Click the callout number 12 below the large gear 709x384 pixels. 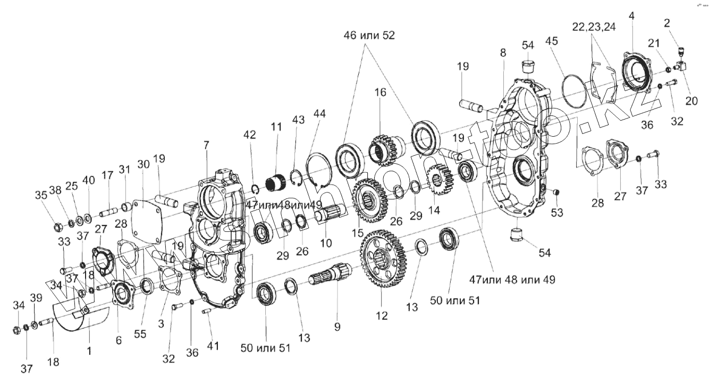[382, 316]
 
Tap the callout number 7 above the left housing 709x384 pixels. [206, 145]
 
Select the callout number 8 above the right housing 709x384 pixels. [503, 53]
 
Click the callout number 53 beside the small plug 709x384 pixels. [557, 213]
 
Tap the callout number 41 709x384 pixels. [213, 345]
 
